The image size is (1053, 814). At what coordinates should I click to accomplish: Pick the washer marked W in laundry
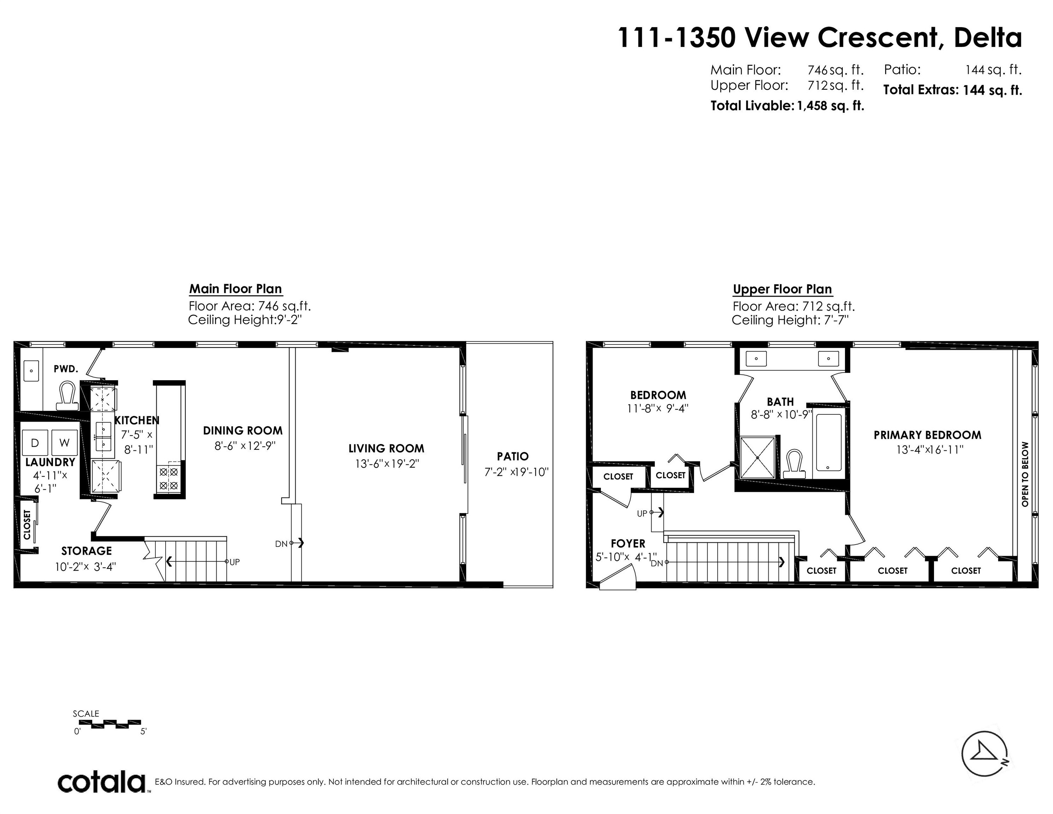click(x=65, y=443)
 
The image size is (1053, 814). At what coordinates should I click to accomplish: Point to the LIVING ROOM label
click(x=386, y=448)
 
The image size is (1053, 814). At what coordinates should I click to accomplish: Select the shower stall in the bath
click(x=757, y=458)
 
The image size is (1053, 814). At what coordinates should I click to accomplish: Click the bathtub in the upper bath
click(x=828, y=442)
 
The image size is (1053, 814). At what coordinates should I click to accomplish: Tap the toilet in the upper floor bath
click(x=794, y=464)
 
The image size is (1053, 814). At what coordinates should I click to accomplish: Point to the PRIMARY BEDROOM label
click(x=927, y=435)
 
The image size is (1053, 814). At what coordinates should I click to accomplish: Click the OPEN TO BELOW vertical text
click(x=1024, y=474)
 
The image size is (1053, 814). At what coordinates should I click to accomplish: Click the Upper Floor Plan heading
click(x=782, y=289)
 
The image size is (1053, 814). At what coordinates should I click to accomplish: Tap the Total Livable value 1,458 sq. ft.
click(x=831, y=106)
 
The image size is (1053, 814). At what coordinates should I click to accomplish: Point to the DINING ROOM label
click(x=243, y=431)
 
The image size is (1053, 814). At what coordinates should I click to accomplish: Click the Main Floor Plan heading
click(x=235, y=289)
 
